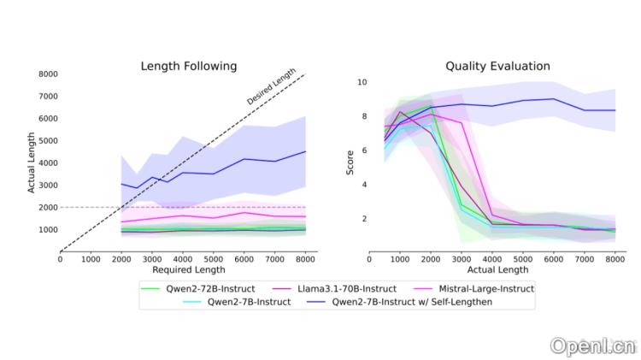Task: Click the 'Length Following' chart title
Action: click(x=189, y=66)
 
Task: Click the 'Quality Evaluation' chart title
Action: click(x=497, y=66)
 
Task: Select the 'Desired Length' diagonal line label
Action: click(x=271, y=88)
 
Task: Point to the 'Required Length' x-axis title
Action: click(x=189, y=269)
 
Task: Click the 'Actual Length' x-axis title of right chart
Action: click(x=497, y=269)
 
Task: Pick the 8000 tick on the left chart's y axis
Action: click(x=48, y=74)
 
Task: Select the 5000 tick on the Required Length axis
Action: click(x=214, y=258)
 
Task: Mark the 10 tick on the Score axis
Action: click(x=362, y=83)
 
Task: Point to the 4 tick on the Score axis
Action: click(x=363, y=185)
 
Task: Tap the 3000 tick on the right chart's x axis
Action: click(x=462, y=258)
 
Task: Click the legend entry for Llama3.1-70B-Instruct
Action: click(x=342, y=289)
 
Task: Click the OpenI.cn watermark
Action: click(x=592, y=345)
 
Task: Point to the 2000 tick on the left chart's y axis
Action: click(x=48, y=208)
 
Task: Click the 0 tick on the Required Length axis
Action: click(x=60, y=258)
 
